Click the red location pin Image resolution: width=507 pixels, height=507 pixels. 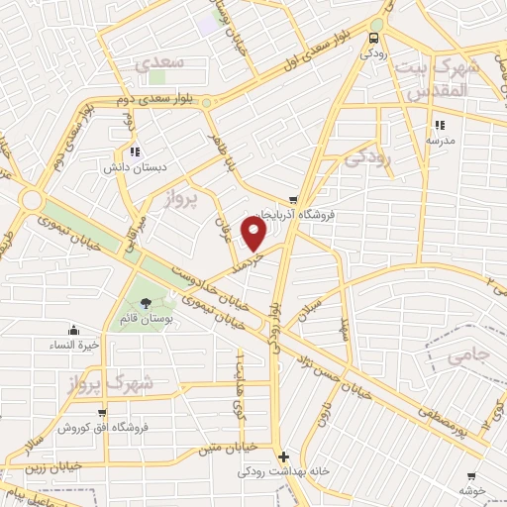255,234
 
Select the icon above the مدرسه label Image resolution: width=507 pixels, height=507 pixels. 439,125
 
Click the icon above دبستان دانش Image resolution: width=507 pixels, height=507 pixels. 133,152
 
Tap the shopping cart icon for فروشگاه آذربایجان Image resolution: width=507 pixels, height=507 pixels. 293,199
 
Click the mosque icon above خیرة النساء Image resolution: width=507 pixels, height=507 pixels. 73,330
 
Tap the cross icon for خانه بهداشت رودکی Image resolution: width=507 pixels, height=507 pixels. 284,457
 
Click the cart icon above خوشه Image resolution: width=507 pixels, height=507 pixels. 470,476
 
